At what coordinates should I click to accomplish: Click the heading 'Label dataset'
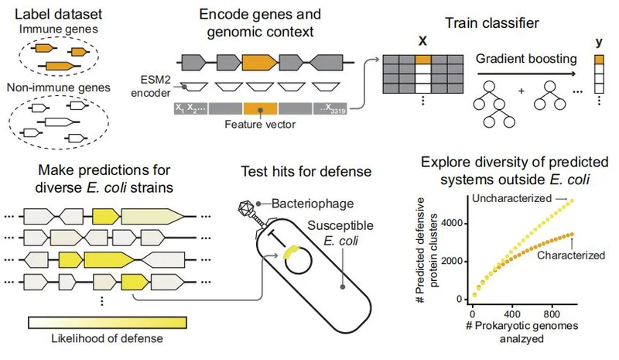tap(59, 13)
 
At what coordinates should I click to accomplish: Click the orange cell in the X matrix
tap(422, 60)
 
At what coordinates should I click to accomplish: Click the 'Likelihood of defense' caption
tap(105, 343)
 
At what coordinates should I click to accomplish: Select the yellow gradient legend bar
tap(105, 322)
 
